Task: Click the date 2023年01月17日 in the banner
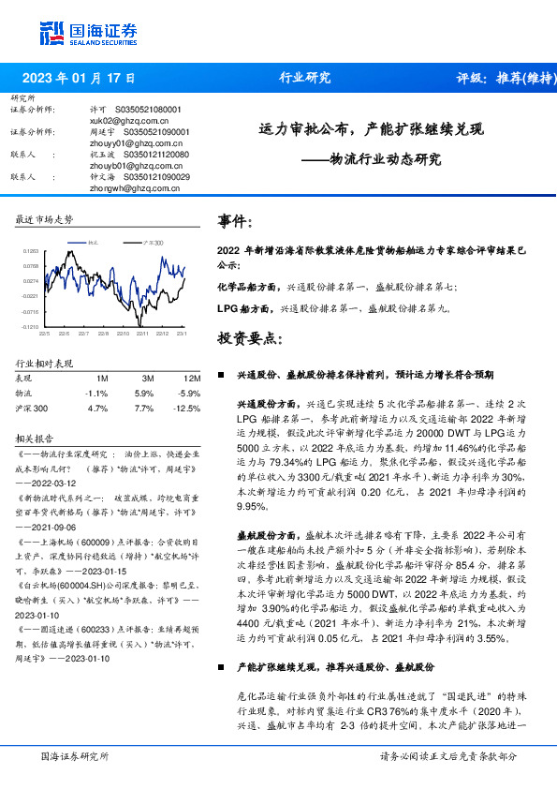(x=78, y=78)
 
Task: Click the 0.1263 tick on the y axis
(x=30, y=251)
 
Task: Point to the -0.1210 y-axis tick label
(x=29, y=327)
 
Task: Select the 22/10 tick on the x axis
(x=123, y=333)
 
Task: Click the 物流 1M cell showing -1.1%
(x=96, y=393)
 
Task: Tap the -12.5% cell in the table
(x=188, y=409)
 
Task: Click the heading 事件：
(x=236, y=221)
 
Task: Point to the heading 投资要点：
(x=250, y=337)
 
